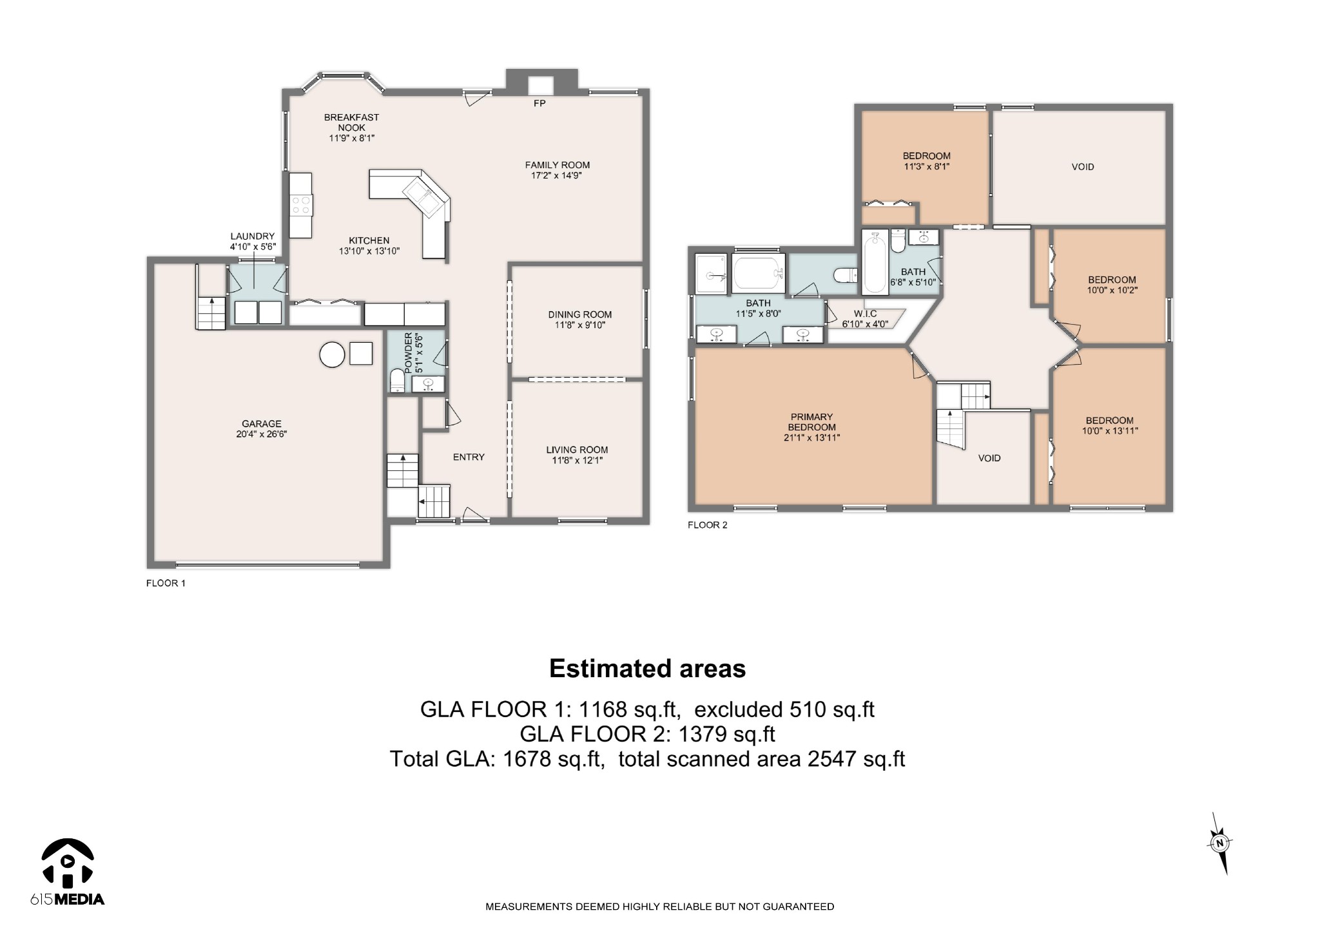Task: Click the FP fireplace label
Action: [x=539, y=103]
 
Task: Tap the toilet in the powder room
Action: [x=397, y=381]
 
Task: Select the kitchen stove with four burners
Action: [x=301, y=206]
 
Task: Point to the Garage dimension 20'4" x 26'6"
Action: [x=261, y=434]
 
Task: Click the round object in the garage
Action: [x=333, y=354]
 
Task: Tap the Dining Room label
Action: [x=579, y=314]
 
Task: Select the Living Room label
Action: [x=577, y=450]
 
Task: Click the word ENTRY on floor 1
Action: [x=469, y=457]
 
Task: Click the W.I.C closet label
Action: [x=865, y=314]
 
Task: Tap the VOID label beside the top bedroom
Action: [x=1083, y=167]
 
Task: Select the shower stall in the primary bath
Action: [x=711, y=274]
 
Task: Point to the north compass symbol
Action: [x=1219, y=843]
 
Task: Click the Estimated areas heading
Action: [x=647, y=669]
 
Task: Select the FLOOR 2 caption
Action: [x=707, y=525]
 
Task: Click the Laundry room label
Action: [x=253, y=236]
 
